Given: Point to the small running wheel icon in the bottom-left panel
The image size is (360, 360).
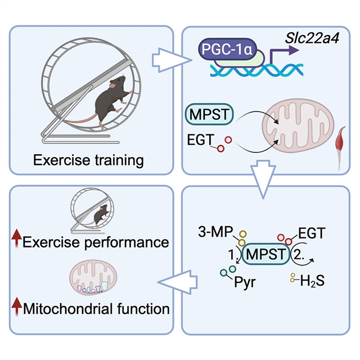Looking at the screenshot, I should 93,211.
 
